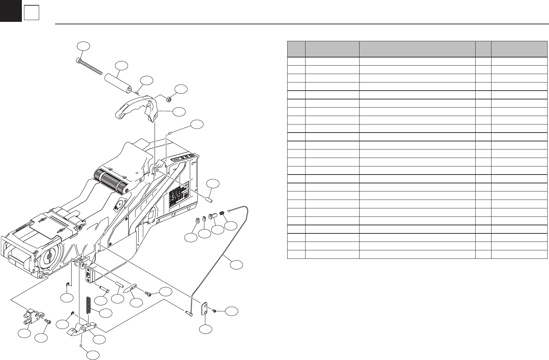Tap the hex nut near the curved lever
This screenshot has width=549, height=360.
tap(169, 99)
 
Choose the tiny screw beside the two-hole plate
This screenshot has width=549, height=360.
tap(214, 310)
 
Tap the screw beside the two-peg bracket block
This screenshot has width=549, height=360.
tap(48, 321)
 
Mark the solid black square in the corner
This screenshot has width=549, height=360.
tap(11, 11)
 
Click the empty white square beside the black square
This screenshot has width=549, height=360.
tap(31, 13)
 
